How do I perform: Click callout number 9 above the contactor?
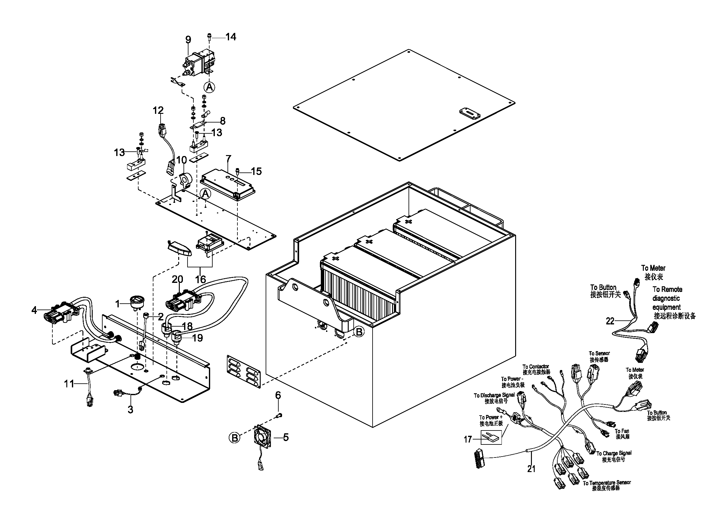click(188, 40)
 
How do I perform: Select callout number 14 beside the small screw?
click(231, 37)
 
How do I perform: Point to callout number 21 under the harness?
click(532, 469)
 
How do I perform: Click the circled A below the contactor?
click(209, 87)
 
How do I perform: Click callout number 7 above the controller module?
click(228, 158)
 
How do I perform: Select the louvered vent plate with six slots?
click(243, 372)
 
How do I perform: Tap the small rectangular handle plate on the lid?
click(470, 114)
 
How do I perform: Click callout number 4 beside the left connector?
click(34, 310)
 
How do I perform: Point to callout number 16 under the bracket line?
click(201, 279)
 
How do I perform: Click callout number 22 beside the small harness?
click(610, 321)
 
